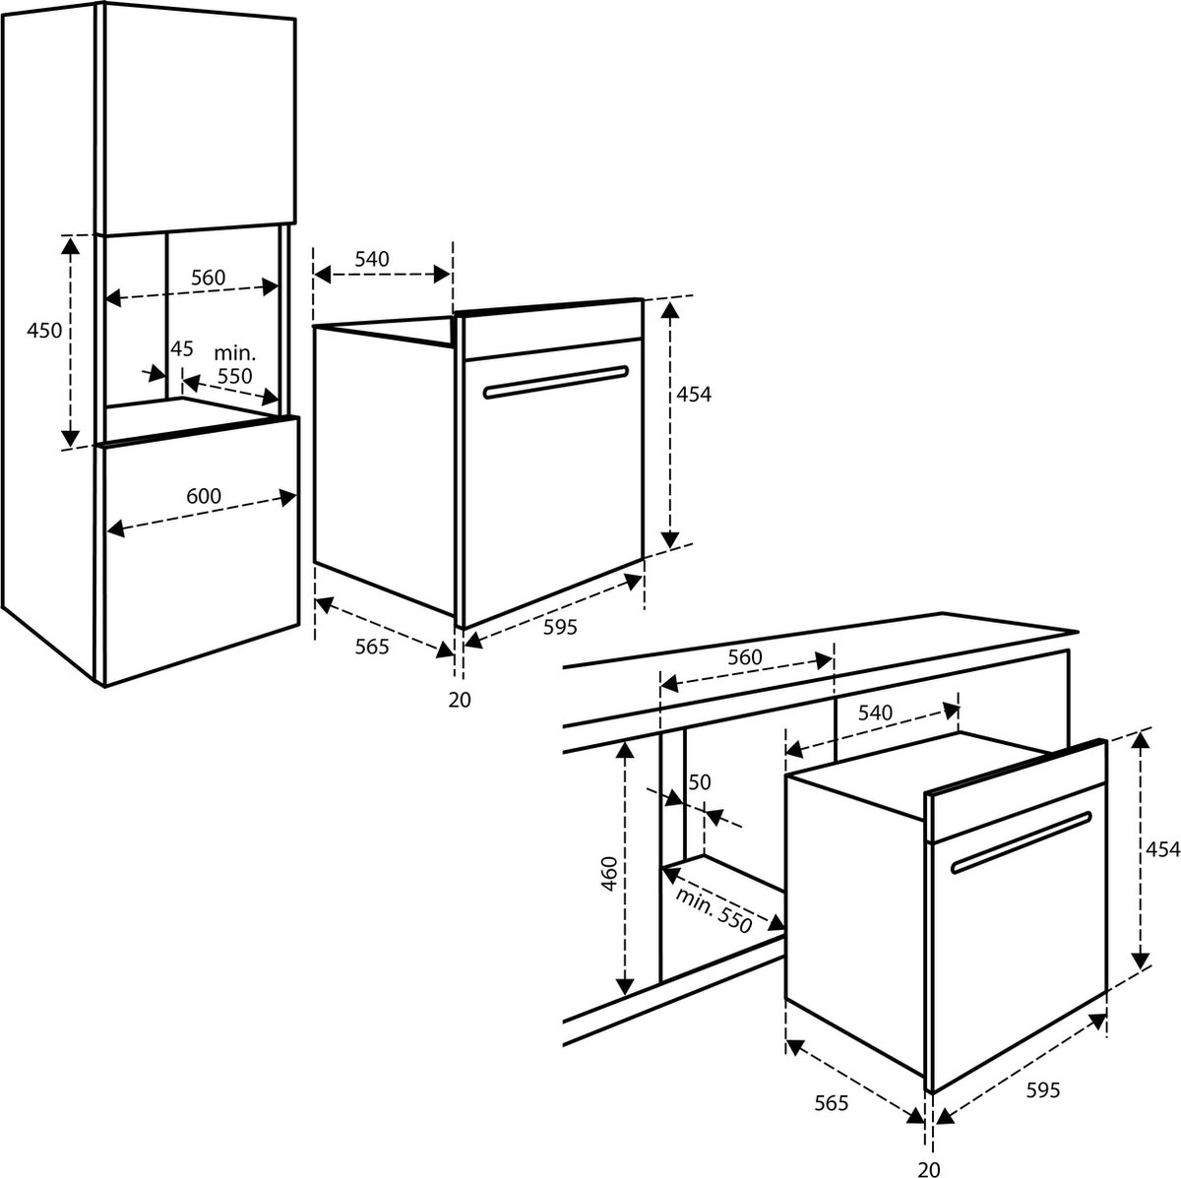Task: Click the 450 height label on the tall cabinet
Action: [x=44, y=331]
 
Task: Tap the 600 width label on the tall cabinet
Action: [x=204, y=495]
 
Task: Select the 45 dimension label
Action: [x=181, y=348]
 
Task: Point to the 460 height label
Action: [x=608, y=875]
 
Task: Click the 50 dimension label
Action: [x=700, y=782]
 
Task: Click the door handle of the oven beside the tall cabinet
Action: [x=556, y=382]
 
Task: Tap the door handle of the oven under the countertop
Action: [x=1022, y=842]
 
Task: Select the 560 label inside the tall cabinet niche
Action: [x=209, y=278]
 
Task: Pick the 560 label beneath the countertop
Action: [x=745, y=657]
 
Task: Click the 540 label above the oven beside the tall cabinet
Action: [x=372, y=259]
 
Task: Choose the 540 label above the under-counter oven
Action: [x=875, y=713]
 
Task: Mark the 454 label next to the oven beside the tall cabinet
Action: [x=694, y=395]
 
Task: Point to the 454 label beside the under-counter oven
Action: [x=1162, y=849]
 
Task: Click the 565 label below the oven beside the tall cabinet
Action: [x=372, y=647]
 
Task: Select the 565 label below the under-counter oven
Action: [x=831, y=1103]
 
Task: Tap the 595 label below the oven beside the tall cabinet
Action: [x=560, y=627]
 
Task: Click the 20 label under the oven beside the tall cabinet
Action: [x=460, y=700]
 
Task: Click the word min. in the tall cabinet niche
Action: [x=235, y=353]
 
